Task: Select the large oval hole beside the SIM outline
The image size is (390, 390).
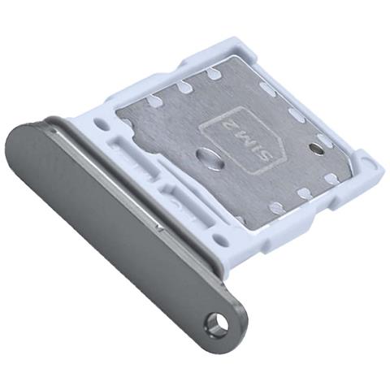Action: pyautogui.click(x=210, y=156)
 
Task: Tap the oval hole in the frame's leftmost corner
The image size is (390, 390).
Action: pyautogui.click(x=100, y=127)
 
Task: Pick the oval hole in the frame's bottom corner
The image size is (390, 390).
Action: pyautogui.click(x=216, y=240)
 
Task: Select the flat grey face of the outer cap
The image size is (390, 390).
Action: pyautogui.click(x=106, y=219)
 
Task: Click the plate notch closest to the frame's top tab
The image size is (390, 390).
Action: pyautogui.click(x=213, y=74)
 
